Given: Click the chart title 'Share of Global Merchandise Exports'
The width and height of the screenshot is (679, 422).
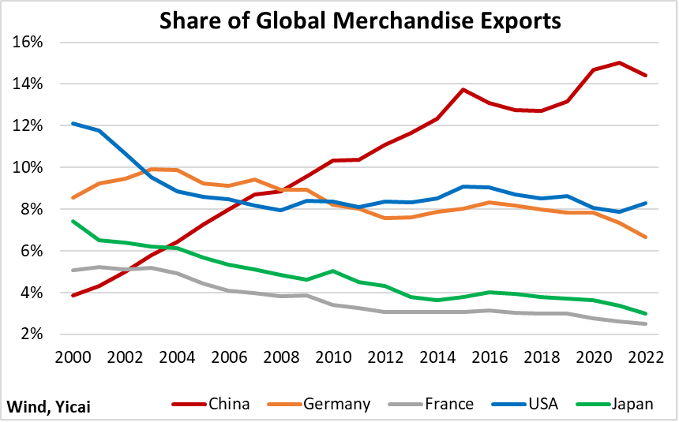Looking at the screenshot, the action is click(360, 21).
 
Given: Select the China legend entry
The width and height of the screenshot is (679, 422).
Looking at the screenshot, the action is click(211, 404).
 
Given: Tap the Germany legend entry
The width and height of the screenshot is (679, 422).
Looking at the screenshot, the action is click(319, 404).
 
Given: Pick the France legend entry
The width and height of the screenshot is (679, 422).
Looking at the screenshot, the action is click(431, 404).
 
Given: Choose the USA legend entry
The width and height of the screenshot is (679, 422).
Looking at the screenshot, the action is click(525, 404).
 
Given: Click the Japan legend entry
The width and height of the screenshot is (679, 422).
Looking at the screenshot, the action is click(615, 404).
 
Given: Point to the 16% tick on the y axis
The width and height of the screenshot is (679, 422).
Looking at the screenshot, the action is click(28, 42).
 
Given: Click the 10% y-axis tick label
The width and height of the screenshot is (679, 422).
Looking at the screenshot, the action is click(28, 167).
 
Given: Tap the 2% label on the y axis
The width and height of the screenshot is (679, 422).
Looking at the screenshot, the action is click(32, 334).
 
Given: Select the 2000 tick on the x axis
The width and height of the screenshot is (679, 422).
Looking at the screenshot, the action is click(73, 357).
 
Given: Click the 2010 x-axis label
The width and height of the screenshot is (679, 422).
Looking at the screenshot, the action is click(333, 357).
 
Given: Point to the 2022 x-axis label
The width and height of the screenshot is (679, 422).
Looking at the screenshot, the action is click(646, 357).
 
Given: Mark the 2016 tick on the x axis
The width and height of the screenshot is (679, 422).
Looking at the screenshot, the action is click(490, 357).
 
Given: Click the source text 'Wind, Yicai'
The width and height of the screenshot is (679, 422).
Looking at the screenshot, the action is click(48, 407).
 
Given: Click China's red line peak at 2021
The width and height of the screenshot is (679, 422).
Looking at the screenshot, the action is click(620, 63).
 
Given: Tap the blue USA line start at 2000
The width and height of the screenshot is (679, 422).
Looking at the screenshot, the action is click(73, 123).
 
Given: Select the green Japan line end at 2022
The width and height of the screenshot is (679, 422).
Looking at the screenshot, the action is click(646, 313).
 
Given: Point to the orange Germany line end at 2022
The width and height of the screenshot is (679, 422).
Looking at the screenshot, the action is click(646, 237).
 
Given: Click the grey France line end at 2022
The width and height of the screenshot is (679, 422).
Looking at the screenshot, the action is click(646, 323).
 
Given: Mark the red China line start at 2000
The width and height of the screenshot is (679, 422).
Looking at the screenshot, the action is click(73, 296).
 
